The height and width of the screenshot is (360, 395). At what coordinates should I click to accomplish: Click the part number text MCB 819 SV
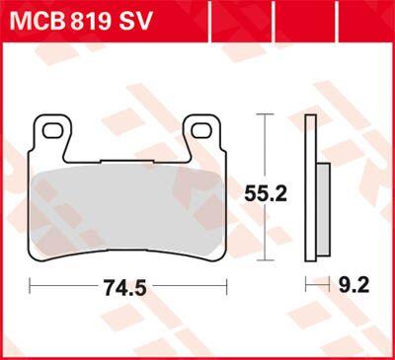pos(81,21)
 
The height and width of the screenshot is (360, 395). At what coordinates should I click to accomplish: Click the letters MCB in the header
pos(36,21)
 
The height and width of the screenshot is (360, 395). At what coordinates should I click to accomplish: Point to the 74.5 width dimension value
pos(124,287)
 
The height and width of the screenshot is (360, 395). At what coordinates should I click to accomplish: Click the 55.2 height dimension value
pos(266,193)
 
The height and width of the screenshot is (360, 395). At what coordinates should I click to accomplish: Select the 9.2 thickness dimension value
pos(354,285)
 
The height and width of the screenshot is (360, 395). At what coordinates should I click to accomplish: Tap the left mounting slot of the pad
pos(52,131)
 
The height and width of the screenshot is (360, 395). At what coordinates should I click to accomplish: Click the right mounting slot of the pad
pos(201,131)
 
